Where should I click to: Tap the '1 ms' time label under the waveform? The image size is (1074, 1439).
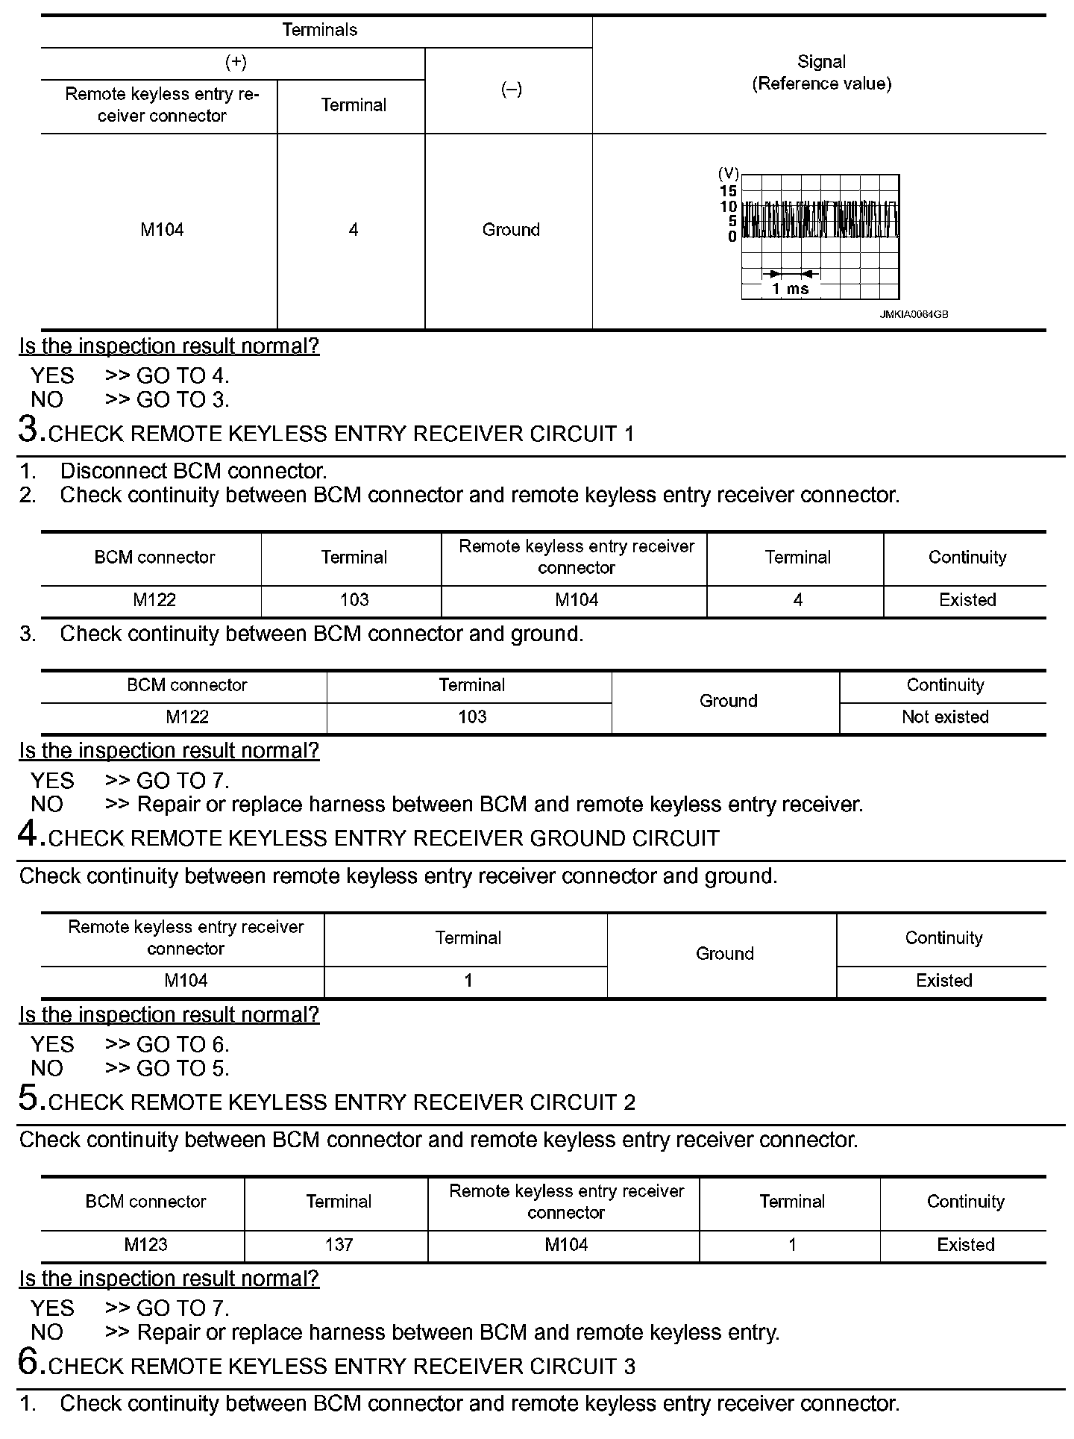click(790, 289)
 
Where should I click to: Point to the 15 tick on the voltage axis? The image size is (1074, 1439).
click(729, 191)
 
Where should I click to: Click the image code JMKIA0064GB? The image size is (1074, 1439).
click(913, 315)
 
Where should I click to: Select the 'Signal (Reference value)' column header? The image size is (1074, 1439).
click(821, 73)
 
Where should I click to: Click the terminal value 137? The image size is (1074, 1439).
click(339, 1244)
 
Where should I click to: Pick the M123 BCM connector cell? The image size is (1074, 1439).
click(146, 1244)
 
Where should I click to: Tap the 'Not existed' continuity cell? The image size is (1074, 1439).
click(945, 717)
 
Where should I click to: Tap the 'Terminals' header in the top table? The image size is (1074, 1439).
click(319, 30)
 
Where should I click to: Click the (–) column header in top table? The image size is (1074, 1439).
click(511, 90)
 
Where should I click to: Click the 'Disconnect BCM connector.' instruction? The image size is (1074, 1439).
click(193, 471)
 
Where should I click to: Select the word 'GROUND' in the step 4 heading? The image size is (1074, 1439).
click(578, 838)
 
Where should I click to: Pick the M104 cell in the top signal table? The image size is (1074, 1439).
click(162, 230)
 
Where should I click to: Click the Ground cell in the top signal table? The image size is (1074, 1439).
click(511, 230)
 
